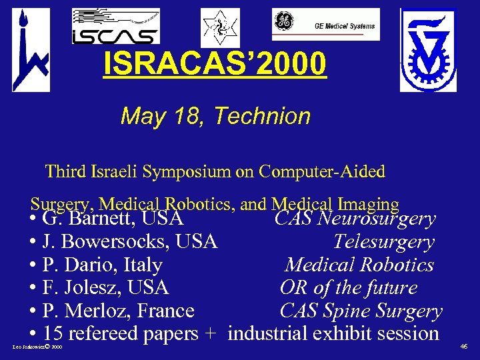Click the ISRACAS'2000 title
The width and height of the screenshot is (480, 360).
coord(215,64)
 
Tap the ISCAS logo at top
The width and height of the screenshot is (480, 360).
coord(115,27)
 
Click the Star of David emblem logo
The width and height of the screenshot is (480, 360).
coord(220,27)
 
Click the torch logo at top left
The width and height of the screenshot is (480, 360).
coord(30,50)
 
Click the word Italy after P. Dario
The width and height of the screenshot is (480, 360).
coord(143,265)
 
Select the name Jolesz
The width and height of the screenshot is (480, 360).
coord(93,287)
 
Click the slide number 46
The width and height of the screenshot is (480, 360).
coord(464,347)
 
